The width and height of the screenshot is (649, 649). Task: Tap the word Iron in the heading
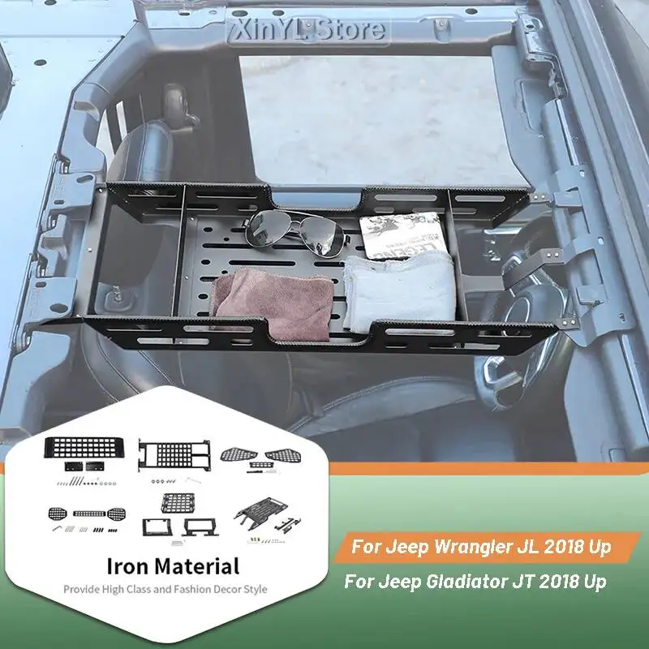point(129,565)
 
